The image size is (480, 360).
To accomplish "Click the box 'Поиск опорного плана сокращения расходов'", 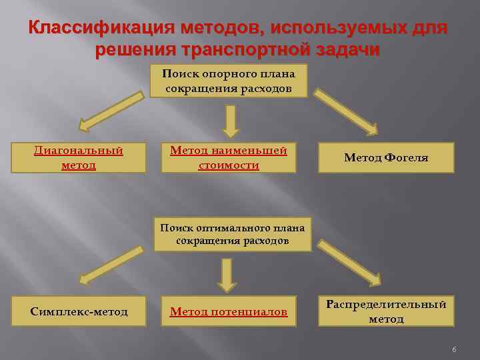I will click(x=228, y=81).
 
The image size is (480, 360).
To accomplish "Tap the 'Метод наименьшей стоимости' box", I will click(x=229, y=158).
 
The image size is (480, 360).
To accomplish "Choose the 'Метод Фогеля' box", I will click(x=386, y=158).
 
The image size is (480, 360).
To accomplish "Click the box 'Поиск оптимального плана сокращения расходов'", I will click(x=232, y=234).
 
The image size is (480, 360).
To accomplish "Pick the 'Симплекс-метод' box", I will click(x=79, y=311).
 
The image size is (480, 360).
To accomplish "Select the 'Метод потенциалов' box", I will click(x=229, y=311).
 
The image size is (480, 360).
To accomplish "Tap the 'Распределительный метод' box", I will click(x=386, y=311).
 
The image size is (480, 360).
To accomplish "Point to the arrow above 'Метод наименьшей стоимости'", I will click(x=230, y=121).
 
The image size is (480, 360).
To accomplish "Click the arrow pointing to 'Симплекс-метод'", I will click(x=111, y=264).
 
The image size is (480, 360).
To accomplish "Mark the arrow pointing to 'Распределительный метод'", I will click(x=348, y=264).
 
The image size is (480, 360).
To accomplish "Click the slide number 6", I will click(x=453, y=350).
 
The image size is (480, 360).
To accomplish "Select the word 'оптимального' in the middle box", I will click(x=230, y=228).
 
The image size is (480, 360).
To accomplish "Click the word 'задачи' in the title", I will click(x=343, y=51).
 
